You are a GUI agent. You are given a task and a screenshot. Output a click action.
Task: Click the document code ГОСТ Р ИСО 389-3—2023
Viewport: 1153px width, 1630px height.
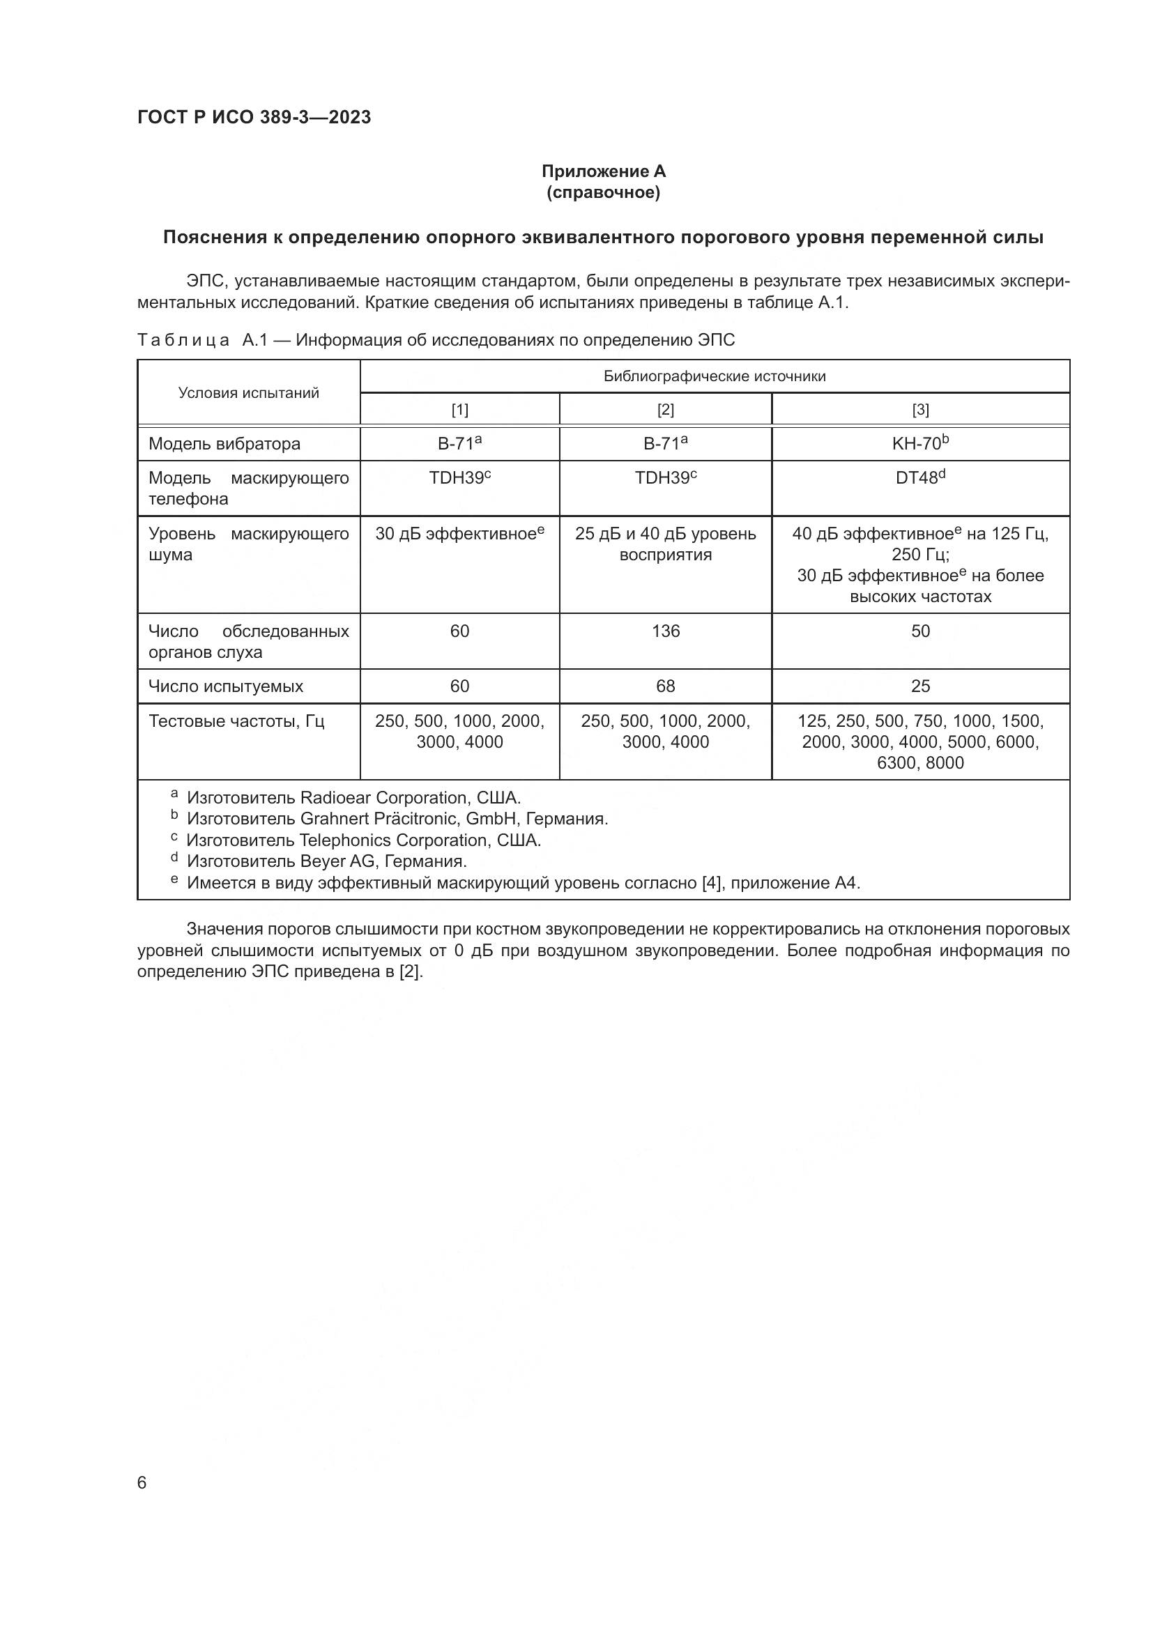click(x=254, y=117)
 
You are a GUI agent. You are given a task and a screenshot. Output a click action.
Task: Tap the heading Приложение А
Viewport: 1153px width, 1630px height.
click(x=603, y=171)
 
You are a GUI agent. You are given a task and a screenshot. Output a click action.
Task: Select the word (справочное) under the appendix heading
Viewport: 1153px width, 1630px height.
click(x=603, y=192)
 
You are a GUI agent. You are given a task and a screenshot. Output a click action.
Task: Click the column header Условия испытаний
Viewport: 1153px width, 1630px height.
click(x=248, y=392)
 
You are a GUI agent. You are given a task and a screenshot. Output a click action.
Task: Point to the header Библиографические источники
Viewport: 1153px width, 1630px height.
click(x=715, y=376)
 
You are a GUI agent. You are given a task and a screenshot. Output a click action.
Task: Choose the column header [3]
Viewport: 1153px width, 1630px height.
click(x=920, y=410)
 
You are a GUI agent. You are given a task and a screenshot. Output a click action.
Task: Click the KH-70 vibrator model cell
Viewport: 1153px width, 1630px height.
click(x=920, y=444)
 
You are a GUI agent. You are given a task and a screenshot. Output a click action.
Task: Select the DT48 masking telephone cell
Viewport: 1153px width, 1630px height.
click(x=920, y=478)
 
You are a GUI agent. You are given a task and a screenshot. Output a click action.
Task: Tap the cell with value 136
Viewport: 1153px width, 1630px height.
click(x=665, y=631)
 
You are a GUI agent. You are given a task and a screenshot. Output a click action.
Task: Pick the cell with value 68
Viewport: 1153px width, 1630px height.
click(x=665, y=686)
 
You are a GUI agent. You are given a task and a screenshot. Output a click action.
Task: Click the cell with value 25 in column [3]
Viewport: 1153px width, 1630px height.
click(x=920, y=686)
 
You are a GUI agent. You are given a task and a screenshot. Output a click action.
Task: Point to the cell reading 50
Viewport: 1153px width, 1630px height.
click(x=920, y=631)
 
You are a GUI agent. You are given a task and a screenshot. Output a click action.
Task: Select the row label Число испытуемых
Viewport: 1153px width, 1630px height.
click(x=226, y=686)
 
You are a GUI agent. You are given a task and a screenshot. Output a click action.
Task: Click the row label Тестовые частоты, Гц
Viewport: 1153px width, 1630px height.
click(x=236, y=721)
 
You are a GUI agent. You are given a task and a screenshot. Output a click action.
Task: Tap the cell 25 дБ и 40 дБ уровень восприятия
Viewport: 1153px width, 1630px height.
click(x=665, y=544)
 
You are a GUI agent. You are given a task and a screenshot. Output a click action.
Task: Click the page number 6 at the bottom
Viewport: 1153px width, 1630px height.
click(x=142, y=1482)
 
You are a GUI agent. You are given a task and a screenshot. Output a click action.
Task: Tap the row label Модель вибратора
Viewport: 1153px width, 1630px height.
click(x=224, y=444)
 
